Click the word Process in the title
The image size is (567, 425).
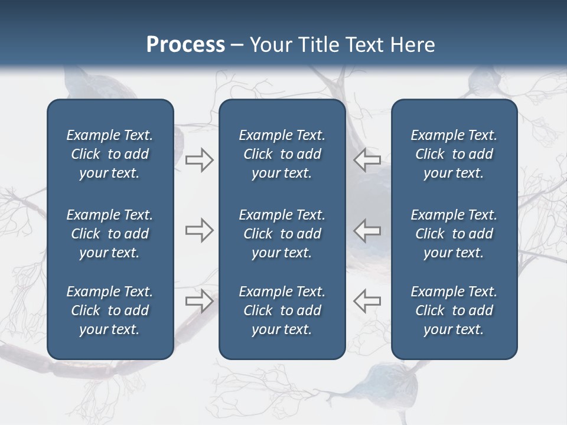pos(185,45)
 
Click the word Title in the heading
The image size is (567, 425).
pos(318,45)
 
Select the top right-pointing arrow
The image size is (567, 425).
pos(200,160)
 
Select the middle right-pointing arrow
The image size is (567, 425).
pos(200,230)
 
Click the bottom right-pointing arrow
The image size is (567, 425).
pos(200,300)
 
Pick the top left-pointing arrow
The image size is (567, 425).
pos(367,160)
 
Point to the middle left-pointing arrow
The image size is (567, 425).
pos(367,230)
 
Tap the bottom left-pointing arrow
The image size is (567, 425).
pos(367,300)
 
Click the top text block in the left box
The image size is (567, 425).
pos(110,154)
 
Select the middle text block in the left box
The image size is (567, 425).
pos(110,234)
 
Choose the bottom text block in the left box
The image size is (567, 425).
pos(110,310)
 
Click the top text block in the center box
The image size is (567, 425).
pos(282,154)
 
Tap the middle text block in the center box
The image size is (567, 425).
pos(282,234)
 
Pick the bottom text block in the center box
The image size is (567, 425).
pos(282,310)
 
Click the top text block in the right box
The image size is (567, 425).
pos(454,154)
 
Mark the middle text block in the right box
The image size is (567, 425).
pos(454,234)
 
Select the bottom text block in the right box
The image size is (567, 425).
pos(454,310)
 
